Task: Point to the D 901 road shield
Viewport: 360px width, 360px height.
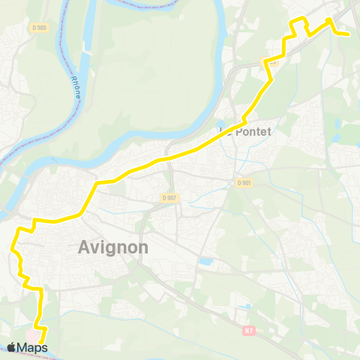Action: (243, 183)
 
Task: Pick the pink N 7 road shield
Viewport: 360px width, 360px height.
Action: (249, 328)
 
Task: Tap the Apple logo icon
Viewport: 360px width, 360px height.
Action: (12, 347)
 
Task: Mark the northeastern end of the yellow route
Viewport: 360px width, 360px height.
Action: (349, 34)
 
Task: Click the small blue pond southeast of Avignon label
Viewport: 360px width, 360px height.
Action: (205, 262)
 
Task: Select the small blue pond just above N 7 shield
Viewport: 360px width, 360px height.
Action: (245, 307)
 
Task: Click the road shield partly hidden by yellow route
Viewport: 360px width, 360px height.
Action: (271, 62)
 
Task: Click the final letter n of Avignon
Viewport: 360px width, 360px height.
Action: (142, 247)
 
